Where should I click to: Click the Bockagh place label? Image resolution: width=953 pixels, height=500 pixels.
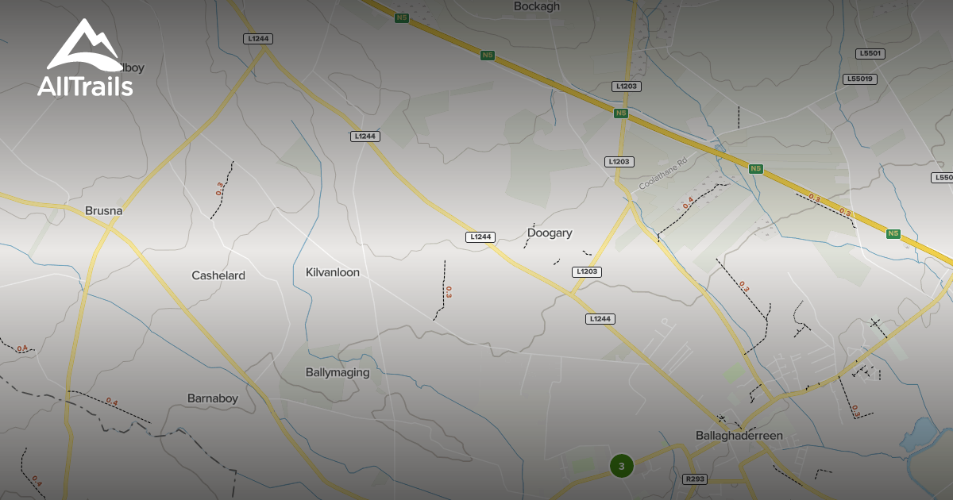pyautogui.click(x=537, y=6)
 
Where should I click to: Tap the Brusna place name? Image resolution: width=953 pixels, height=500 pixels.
pyautogui.click(x=103, y=211)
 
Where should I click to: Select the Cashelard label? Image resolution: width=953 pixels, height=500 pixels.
pyautogui.click(x=218, y=275)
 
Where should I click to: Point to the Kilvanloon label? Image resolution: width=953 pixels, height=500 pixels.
pyautogui.click(x=333, y=272)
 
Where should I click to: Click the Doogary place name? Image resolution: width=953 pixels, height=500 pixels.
pyautogui.click(x=550, y=233)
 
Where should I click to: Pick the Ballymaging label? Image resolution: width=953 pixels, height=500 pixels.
pyautogui.click(x=338, y=372)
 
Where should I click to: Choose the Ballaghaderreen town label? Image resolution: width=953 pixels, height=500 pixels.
pyautogui.click(x=739, y=436)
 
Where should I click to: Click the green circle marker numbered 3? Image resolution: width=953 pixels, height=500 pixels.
pyautogui.click(x=622, y=466)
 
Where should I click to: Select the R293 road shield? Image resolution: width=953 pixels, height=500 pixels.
pyautogui.click(x=695, y=479)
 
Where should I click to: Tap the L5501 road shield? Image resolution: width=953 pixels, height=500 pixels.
pyautogui.click(x=871, y=53)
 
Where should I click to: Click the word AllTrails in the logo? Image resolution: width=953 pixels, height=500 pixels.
pyautogui.click(x=85, y=86)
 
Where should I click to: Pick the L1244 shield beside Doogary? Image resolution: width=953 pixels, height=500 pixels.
pyautogui.click(x=480, y=237)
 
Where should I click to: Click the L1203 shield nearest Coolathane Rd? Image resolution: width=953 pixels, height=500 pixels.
pyautogui.click(x=619, y=162)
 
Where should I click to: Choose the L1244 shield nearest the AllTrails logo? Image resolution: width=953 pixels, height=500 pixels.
pyautogui.click(x=259, y=38)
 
